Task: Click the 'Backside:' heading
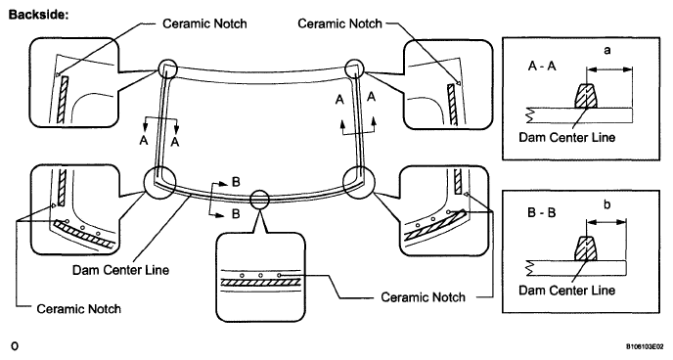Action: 38,14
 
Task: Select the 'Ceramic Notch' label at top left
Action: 204,23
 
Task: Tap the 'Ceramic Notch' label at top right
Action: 340,23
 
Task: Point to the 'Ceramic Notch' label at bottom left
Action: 79,308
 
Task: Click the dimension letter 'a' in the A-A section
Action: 606,50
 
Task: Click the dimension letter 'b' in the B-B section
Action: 606,204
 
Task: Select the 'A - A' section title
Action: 542,67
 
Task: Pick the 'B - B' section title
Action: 541,212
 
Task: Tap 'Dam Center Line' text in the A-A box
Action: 567,137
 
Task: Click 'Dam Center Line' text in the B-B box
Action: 567,291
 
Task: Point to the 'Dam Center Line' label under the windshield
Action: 120,270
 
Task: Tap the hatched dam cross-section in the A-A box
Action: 586,95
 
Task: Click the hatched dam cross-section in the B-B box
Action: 586,248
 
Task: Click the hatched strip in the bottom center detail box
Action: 260,283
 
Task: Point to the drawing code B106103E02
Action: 647,346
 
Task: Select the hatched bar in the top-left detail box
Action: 63,100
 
